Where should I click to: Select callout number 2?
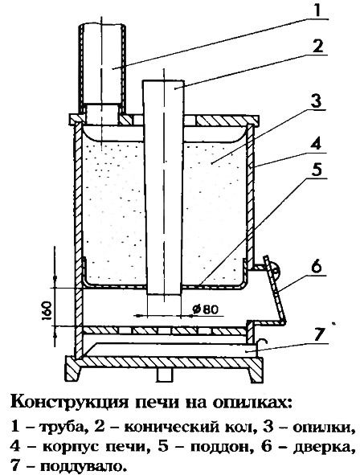point(318,47)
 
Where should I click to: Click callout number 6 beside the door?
point(317,267)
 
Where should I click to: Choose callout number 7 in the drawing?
point(317,333)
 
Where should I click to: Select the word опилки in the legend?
point(323,428)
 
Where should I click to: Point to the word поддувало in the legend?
point(81,465)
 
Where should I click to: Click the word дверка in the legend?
point(323,447)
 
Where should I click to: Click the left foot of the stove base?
point(73,368)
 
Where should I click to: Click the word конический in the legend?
point(171,428)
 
